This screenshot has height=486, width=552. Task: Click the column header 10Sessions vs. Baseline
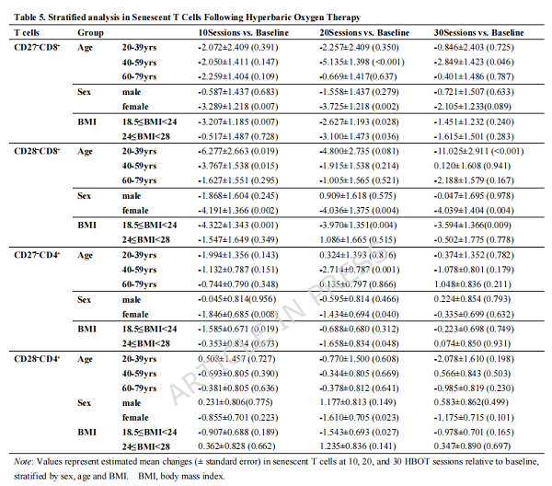pos(243,33)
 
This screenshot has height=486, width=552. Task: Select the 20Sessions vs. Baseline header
pos(364,33)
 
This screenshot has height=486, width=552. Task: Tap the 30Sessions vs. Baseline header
pos(478,33)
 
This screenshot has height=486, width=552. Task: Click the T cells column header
pos(27,33)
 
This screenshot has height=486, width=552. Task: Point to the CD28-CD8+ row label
pos(37,151)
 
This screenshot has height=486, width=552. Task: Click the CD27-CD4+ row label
pos(37,255)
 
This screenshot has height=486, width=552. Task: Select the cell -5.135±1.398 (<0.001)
pos(362,62)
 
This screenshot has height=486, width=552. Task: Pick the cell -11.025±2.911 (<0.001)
pos(478,151)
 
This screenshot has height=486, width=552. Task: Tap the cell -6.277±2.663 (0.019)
pos(238,151)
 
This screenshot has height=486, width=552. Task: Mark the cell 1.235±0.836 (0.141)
pos(358,446)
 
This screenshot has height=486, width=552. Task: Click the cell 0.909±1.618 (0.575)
pos(358,195)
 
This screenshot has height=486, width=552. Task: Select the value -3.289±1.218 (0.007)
pos(238,107)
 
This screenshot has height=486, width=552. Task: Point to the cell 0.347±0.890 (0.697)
pos(472,446)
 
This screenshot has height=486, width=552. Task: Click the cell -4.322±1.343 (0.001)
pos(238,225)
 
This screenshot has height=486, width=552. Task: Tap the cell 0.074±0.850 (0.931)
pos(472,343)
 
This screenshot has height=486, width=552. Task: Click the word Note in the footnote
pos(21,461)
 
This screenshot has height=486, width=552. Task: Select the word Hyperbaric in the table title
pos(267,17)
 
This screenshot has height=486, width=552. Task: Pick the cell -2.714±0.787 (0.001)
pos(360,270)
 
